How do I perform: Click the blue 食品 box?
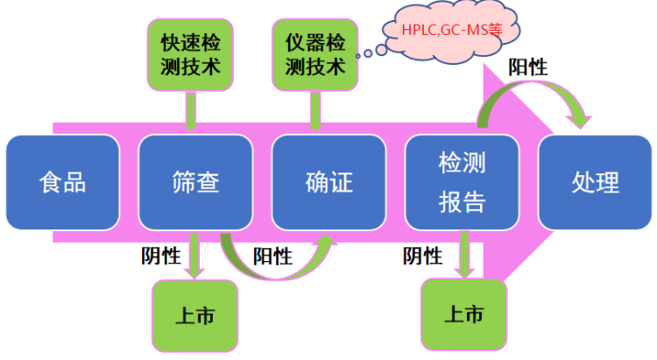pos(62,182)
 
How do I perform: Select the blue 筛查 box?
pos(195,182)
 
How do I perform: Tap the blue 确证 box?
pos(328,182)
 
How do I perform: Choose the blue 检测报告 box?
pos(462,182)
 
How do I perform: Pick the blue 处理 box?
pos(595,182)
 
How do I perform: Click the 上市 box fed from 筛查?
pos(194,314)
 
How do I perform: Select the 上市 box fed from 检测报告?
pos(463,314)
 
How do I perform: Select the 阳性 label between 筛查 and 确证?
pos(272,255)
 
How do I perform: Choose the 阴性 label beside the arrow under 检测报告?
pos(422,255)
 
